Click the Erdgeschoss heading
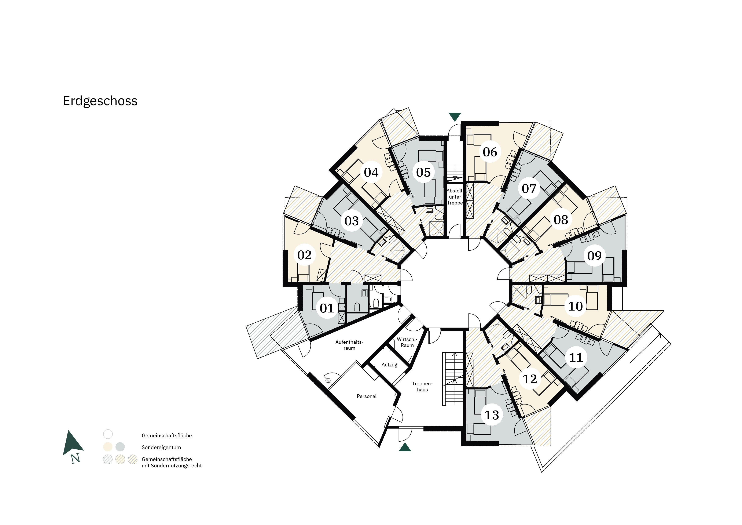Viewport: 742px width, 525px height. click(x=100, y=101)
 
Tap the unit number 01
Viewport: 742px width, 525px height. click(x=327, y=308)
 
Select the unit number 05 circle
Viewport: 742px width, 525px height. click(x=423, y=172)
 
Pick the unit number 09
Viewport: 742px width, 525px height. click(x=594, y=256)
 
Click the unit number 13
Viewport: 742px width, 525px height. click(x=492, y=415)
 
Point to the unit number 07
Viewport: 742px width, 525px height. click(x=529, y=189)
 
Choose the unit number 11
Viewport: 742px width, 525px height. click(x=576, y=358)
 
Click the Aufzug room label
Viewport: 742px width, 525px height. click(x=389, y=365)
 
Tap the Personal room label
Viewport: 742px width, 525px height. click(x=367, y=396)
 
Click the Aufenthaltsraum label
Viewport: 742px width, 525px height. click(x=349, y=345)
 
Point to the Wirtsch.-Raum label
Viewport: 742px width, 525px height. click(x=407, y=342)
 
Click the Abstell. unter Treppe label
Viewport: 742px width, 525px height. click(x=455, y=197)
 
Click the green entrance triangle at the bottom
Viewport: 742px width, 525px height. click(x=405, y=447)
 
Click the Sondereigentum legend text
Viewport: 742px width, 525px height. click(x=161, y=447)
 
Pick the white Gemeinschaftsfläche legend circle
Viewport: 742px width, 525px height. click(x=108, y=434)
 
